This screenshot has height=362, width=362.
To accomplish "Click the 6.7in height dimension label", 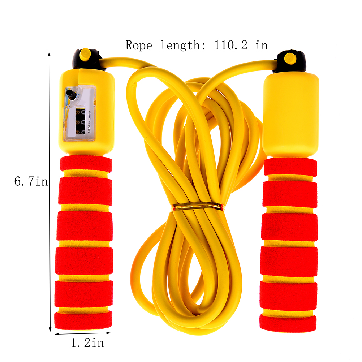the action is tap(31, 181).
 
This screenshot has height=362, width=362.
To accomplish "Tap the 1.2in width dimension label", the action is tap(87, 343).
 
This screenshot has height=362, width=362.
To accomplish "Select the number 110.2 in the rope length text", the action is tap(230, 45).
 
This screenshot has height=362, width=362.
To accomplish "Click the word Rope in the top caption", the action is tap(139, 45).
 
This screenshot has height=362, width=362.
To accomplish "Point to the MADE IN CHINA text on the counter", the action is tap(89, 122).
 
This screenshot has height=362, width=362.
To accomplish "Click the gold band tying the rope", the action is tap(197, 206).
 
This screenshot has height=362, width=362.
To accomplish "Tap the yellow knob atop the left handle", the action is tap(85, 55).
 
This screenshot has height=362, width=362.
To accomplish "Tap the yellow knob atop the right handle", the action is tap(290, 58).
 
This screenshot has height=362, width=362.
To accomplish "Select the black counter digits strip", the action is tap(80, 121).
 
